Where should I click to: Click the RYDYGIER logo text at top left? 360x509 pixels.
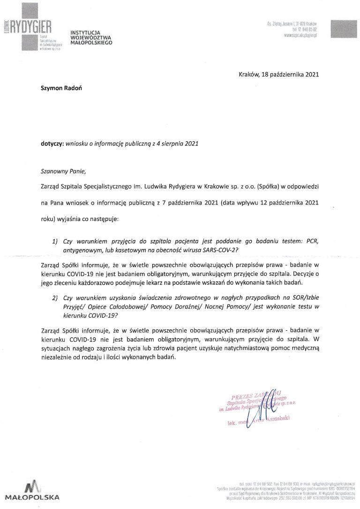(x=30, y=27)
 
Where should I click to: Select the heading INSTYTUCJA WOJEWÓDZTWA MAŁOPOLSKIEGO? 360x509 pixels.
(x=91, y=37)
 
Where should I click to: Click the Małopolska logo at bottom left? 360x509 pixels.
(x=31, y=490)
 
